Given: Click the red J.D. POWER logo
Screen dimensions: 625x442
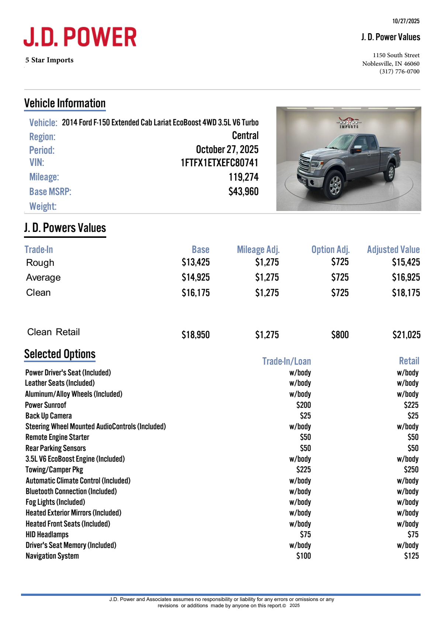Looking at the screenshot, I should coord(80,37).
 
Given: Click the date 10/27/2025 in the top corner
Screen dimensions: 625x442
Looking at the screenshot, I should coord(406,21).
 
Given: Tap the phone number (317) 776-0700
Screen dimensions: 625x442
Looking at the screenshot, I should coord(399,72).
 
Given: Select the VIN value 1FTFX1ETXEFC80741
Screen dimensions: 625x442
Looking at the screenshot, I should coord(219,163).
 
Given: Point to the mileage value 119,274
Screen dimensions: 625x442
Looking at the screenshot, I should coord(243,177).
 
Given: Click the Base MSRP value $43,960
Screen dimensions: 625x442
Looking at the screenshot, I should coord(243,191).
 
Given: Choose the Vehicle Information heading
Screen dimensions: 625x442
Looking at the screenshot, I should coord(65,103).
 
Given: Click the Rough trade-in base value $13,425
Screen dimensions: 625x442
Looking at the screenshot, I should coord(196,262).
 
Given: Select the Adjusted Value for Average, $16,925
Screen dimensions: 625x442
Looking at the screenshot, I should coord(405,277).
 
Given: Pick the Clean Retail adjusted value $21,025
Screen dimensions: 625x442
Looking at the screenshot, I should coord(406,335).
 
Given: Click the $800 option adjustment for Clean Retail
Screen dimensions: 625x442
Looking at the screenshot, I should coord(340,335).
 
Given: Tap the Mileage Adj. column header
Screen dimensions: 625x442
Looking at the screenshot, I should coord(258,250).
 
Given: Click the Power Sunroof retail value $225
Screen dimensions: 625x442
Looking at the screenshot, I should coord(411,405).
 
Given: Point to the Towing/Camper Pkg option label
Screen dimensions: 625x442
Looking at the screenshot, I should coord(54,470).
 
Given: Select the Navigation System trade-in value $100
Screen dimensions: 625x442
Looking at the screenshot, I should coord(303,556).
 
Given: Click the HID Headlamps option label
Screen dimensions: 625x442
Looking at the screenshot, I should coord(47,534).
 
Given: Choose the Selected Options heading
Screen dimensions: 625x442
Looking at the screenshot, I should coord(60,354).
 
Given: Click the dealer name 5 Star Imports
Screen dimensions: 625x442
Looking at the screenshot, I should coord(49,60).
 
